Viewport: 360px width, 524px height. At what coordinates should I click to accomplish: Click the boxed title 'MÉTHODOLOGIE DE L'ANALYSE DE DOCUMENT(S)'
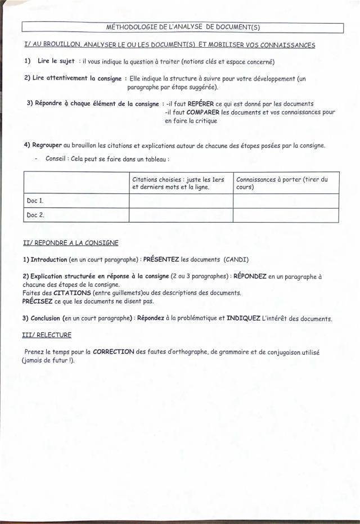[182, 27]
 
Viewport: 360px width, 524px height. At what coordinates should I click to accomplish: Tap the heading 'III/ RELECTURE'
[47, 335]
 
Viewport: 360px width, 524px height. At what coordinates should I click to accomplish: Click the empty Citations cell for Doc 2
[181, 215]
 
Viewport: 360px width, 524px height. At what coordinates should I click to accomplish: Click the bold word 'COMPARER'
[203, 112]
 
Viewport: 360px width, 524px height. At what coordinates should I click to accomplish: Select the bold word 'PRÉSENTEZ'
[160, 260]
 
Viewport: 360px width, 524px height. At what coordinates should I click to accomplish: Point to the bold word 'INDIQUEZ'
[244, 319]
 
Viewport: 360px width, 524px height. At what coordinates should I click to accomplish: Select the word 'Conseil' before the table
[57, 159]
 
